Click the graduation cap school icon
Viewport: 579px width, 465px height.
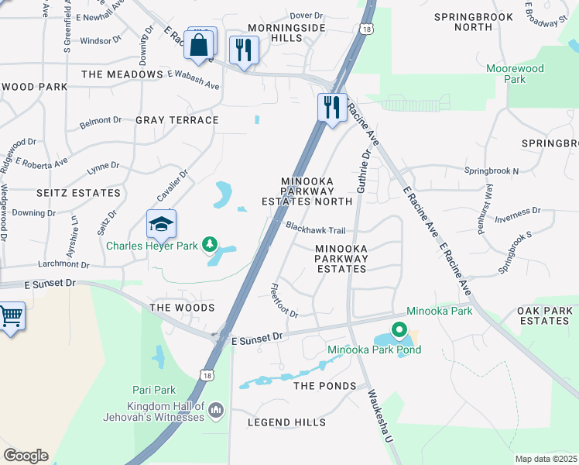[x=162, y=224]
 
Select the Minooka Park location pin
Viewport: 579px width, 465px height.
[x=399, y=331]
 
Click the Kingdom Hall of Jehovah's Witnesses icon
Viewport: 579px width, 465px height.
[x=215, y=408]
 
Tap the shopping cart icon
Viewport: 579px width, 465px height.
[x=10, y=316]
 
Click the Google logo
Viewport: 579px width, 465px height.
[x=26, y=456]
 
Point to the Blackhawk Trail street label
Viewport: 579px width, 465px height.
[x=315, y=229]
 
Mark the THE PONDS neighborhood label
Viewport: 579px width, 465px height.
[x=324, y=386]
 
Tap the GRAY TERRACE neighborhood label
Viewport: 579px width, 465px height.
[x=176, y=120]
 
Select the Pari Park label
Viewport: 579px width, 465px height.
[x=155, y=391]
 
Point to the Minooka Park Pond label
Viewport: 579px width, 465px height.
[x=374, y=350]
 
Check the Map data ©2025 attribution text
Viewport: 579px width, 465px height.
[x=546, y=459]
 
